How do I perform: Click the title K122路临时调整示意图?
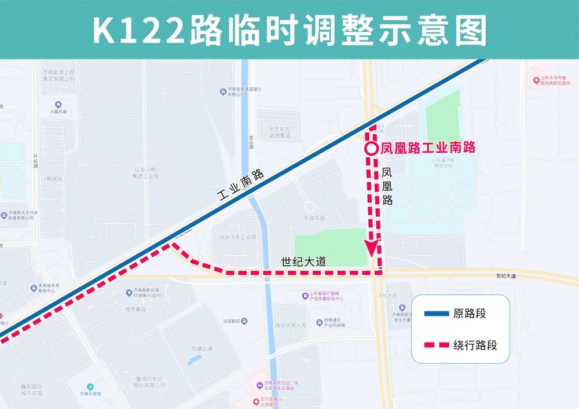point(289,30)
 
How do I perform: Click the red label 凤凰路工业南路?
point(428,148)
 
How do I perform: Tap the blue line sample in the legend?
point(437,314)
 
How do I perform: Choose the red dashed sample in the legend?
point(437,345)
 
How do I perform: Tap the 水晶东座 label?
point(58,111)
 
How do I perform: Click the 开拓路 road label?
point(36,160)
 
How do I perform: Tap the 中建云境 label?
point(202,349)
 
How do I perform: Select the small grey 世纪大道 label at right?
point(505,277)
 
